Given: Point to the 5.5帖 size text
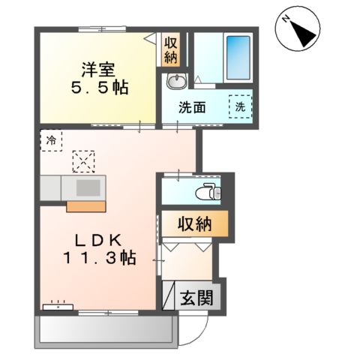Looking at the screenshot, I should tap(98, 87).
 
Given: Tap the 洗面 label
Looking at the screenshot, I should tap(193, 106).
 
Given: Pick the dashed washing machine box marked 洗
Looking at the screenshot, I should tap(241, 106).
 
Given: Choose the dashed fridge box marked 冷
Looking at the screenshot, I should tap(51, 139).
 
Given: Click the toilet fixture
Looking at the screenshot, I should tap(207, 193).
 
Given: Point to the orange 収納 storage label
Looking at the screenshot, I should tap(193, 223).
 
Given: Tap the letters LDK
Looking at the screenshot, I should tap(98, 240).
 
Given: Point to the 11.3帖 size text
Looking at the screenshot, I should tap(98, 259).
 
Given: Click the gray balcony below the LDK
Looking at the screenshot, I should tap(104, 327).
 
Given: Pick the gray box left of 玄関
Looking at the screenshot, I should tap(169, 296).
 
